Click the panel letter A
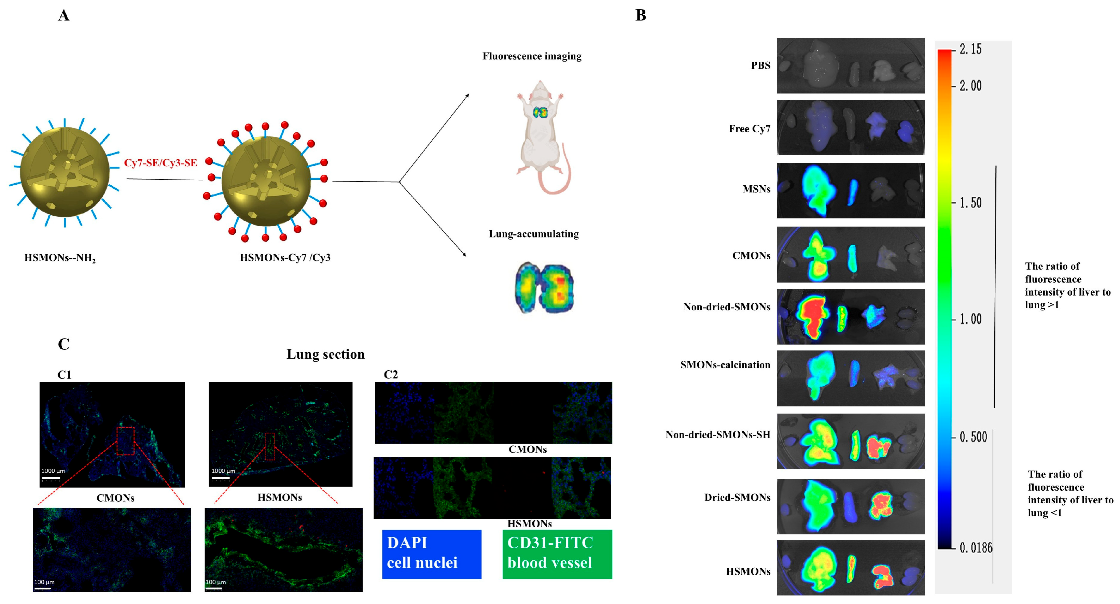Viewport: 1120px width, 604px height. point(64,16)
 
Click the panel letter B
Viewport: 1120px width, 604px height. point(641,16)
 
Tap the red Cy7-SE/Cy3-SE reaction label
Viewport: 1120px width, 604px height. point(160,163)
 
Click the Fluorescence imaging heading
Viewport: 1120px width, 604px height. point(532,56)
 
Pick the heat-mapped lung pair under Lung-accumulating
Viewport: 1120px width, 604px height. point(544,288)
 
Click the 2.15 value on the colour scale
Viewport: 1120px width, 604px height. point(970,49)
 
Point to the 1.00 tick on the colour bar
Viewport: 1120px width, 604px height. point(970,319)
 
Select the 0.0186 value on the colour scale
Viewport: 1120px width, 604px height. point(976,547)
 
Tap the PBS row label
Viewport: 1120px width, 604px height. point(760,66)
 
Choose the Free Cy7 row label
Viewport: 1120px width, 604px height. point(750,129)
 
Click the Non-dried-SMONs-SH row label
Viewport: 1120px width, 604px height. point(718,434)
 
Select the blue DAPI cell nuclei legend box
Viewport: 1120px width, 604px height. point(431,554)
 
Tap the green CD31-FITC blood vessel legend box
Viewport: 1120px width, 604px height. point(557,554)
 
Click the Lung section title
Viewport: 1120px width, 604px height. point(325,354)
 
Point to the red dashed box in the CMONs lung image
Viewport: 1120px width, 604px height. point(125,441)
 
